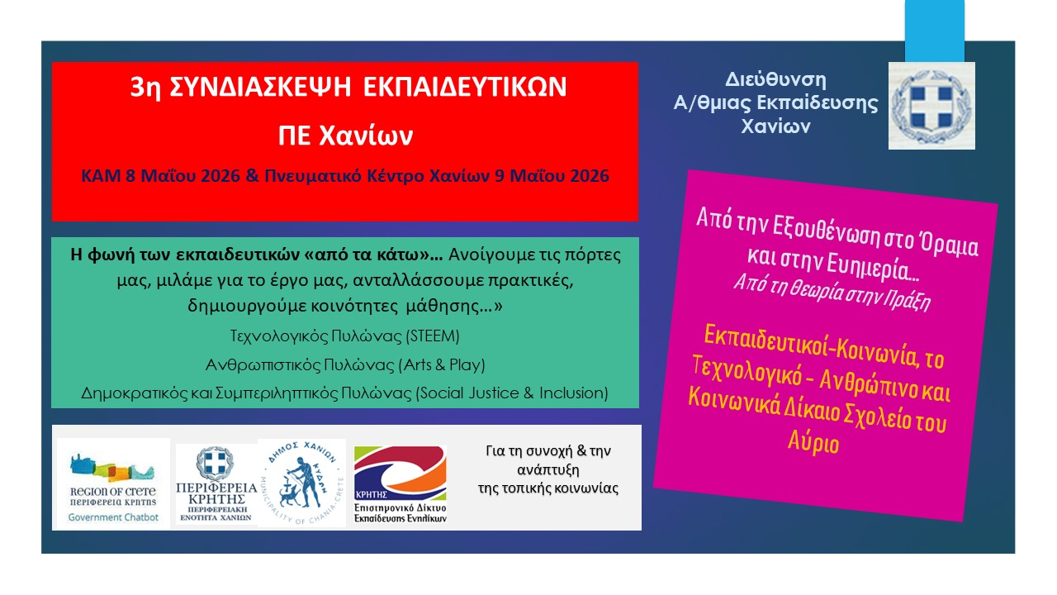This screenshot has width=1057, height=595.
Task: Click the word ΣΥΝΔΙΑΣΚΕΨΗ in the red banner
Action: click(260, 88)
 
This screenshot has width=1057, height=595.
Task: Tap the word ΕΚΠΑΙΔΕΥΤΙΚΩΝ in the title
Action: click(465, 88)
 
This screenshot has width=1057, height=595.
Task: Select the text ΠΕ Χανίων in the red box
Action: click(345, 136)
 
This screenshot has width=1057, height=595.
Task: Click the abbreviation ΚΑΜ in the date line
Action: click(101, 176)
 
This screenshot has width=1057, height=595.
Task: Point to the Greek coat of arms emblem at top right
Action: click(931, 106)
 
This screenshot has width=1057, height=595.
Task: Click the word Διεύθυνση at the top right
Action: click(775, 80)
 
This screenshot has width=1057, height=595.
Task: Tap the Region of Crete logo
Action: click(113, 483)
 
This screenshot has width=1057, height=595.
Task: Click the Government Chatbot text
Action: click(113, 517)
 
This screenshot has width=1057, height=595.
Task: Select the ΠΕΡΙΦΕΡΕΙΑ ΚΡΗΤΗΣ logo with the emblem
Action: click(216, 484)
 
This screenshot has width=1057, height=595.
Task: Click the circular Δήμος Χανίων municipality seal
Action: click(302, 483)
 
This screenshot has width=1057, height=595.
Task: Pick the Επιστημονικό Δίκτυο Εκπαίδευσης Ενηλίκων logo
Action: click(401, 484)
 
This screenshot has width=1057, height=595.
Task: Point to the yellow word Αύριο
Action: click(813, 443)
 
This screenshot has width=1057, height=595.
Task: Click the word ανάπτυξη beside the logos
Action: click(547, 470)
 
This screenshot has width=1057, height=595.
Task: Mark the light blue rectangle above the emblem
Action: click(934, 31)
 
